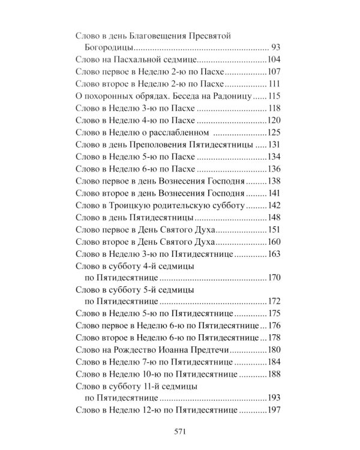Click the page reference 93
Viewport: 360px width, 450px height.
(276, 47)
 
